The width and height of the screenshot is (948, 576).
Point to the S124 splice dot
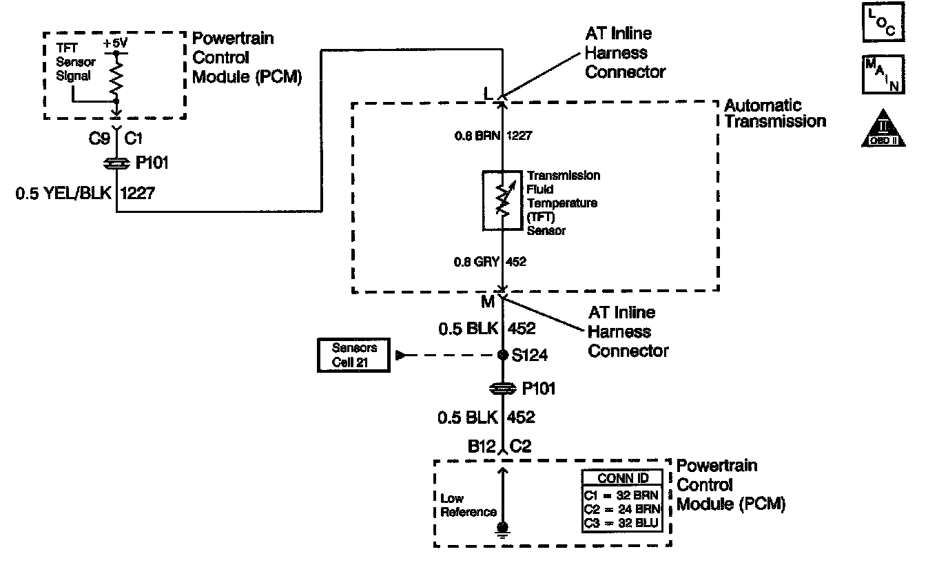click(x=503, y=356)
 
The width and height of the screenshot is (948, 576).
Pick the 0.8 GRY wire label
click(x=476, y=262)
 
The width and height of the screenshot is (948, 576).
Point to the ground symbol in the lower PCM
click(x=503, y=529)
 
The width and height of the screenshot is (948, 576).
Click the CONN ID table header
click(x=622, y=478)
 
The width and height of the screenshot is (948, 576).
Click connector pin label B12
click(x=482, y=446)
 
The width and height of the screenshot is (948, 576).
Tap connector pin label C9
click(x=101, y=139)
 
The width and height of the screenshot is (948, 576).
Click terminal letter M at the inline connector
click(x=487, y=301)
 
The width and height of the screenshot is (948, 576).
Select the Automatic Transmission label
click(x=775, y=114)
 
